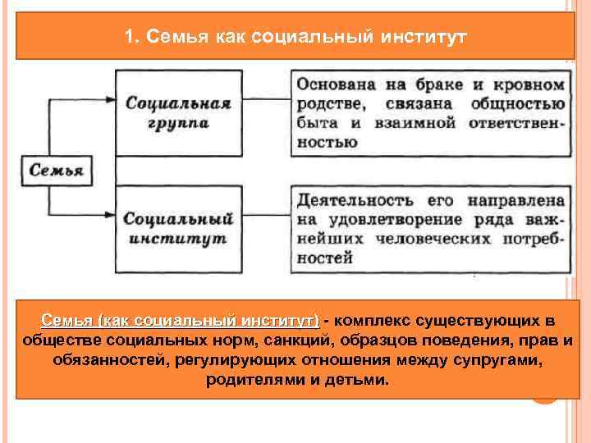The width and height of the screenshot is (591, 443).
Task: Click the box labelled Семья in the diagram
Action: coord(56,171)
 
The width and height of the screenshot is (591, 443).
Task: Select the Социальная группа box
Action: coord(177,112)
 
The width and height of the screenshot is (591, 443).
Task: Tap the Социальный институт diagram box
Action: coord(177,230)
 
